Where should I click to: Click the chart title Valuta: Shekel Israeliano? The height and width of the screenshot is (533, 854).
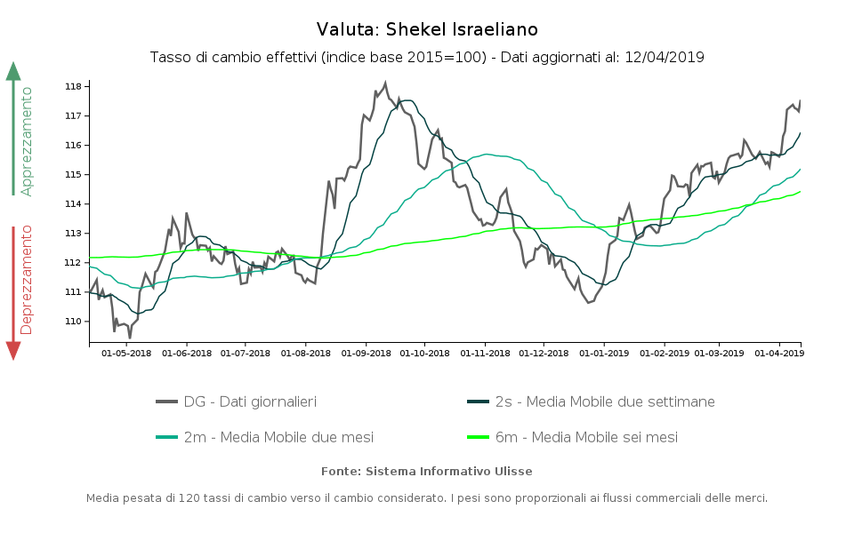427,29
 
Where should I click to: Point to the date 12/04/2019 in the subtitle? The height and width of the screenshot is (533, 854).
665,58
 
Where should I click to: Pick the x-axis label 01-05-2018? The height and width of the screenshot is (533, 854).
126,354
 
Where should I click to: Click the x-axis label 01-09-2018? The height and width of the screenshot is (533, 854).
367,354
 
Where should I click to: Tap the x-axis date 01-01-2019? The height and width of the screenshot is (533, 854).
604,354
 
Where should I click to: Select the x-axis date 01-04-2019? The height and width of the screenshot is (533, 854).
779,354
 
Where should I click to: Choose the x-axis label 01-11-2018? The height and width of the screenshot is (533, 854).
485,354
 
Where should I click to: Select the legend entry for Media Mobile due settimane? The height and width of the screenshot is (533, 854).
604,402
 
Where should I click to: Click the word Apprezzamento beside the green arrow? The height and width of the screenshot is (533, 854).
27,140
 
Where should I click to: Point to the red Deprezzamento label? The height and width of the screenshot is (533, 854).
27,279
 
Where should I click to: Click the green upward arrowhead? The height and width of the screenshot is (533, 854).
13,71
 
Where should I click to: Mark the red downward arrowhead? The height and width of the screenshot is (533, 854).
13,350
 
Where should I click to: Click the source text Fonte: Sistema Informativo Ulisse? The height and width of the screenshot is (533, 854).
427,471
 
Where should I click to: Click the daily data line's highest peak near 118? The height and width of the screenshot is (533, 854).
385,84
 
